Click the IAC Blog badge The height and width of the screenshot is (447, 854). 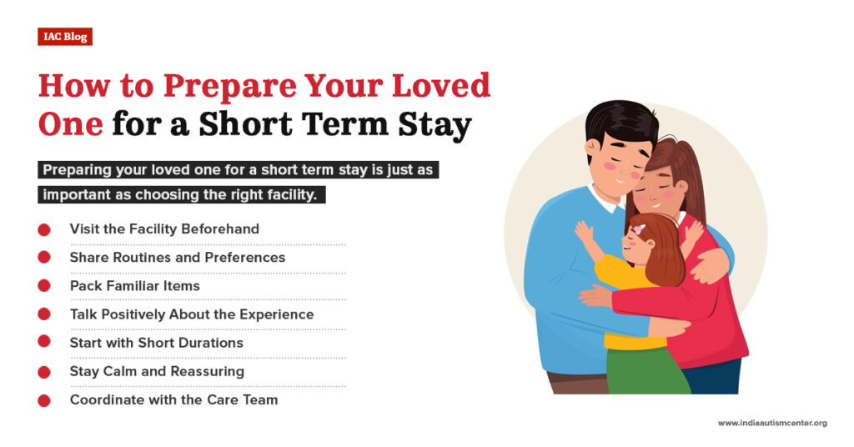(64, 36)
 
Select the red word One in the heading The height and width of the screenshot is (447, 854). (71, 124)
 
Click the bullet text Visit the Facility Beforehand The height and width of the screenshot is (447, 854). (164, 229)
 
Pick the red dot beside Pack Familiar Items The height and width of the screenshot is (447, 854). (44, 285)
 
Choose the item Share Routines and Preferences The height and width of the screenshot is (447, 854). (177, 257)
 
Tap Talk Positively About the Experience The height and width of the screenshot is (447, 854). (191, 314)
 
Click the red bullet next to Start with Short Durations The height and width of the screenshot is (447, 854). (44, 343)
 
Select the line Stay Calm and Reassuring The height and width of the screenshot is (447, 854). (157, 371)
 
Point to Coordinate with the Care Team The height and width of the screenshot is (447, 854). (173, 399)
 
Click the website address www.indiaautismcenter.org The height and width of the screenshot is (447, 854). (771, 423)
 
